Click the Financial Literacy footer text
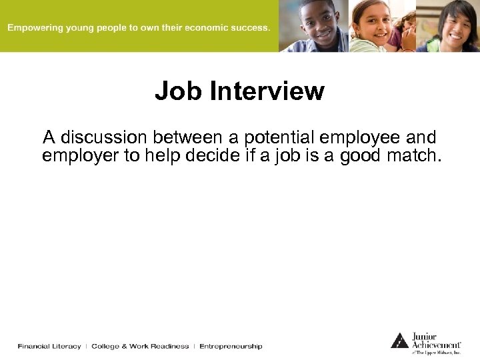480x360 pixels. (x=49, y=346)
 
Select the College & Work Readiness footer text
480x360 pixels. (x=140, y=346)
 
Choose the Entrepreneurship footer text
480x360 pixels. (x=231, y=346)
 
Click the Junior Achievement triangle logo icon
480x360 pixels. (x=399, y=341)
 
